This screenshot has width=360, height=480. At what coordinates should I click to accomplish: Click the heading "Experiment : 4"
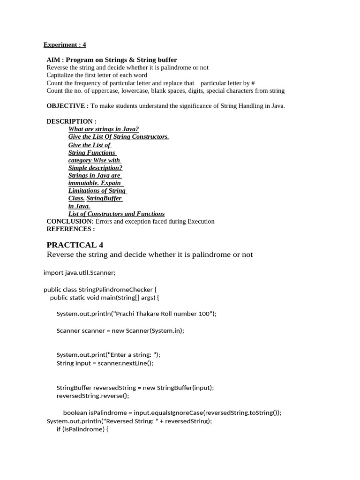pyautogui.click(x=65, y=45)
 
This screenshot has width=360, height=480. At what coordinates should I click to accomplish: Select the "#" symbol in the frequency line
pyautogui.click(x=253, y=83)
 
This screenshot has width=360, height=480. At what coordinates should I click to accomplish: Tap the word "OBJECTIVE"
pyautogui.click(x=66, y=106)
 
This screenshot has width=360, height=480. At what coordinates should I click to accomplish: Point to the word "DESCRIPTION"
pyautogui.click(x=70, y=121)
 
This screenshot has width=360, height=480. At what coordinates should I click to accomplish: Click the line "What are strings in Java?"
pyautogui.click(x=104, y=129)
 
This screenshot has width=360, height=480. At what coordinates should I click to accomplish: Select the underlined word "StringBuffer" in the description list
pyautogui.click(x=104, y=198)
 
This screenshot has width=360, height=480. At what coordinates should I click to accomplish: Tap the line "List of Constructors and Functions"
pyautogui.click(x=116, y=214)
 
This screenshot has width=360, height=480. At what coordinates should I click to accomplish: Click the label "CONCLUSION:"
pyautogui.click(x=70, y=221)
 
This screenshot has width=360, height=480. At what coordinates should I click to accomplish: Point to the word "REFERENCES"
pyautogui.click(x=69, y=229)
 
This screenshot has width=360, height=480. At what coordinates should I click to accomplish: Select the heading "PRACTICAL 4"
pyautogui.click(x=75, y=245)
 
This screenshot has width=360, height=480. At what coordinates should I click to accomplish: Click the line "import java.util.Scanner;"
pyautogui.click(x=79, y=272)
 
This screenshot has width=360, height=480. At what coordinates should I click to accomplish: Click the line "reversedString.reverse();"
pyautogui.click(x=92, y=396)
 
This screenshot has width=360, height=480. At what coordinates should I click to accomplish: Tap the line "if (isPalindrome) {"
pyautogui.click(x=82, y=429)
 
